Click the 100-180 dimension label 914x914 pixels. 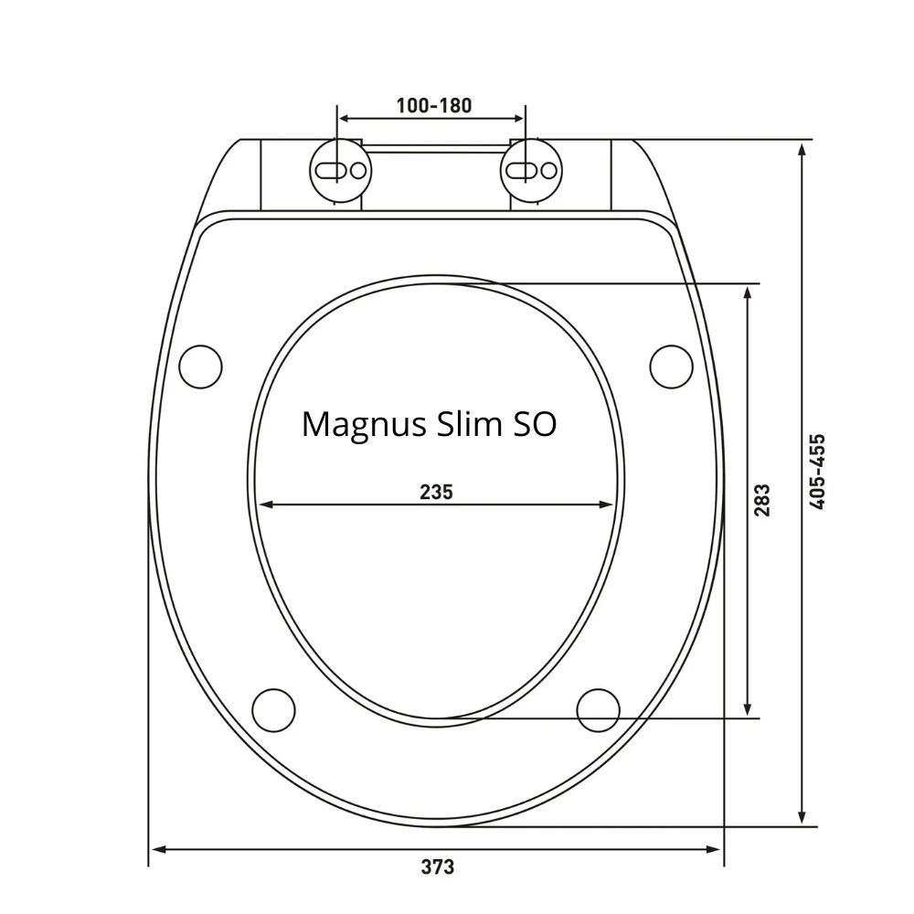click(x=433, y=105)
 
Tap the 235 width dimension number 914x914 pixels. click(x=436, y=493)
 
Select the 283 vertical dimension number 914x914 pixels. click(x=762, y=500)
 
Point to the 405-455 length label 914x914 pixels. click(x=817, y=472)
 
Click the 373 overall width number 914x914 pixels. click(x=437, y=867)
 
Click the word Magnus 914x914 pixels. click(x=365, y=425)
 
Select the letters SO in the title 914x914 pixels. click(x=534, y=424)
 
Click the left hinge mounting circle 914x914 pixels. click(x=340, y=170)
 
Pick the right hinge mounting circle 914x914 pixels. click(x=531, y=170)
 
